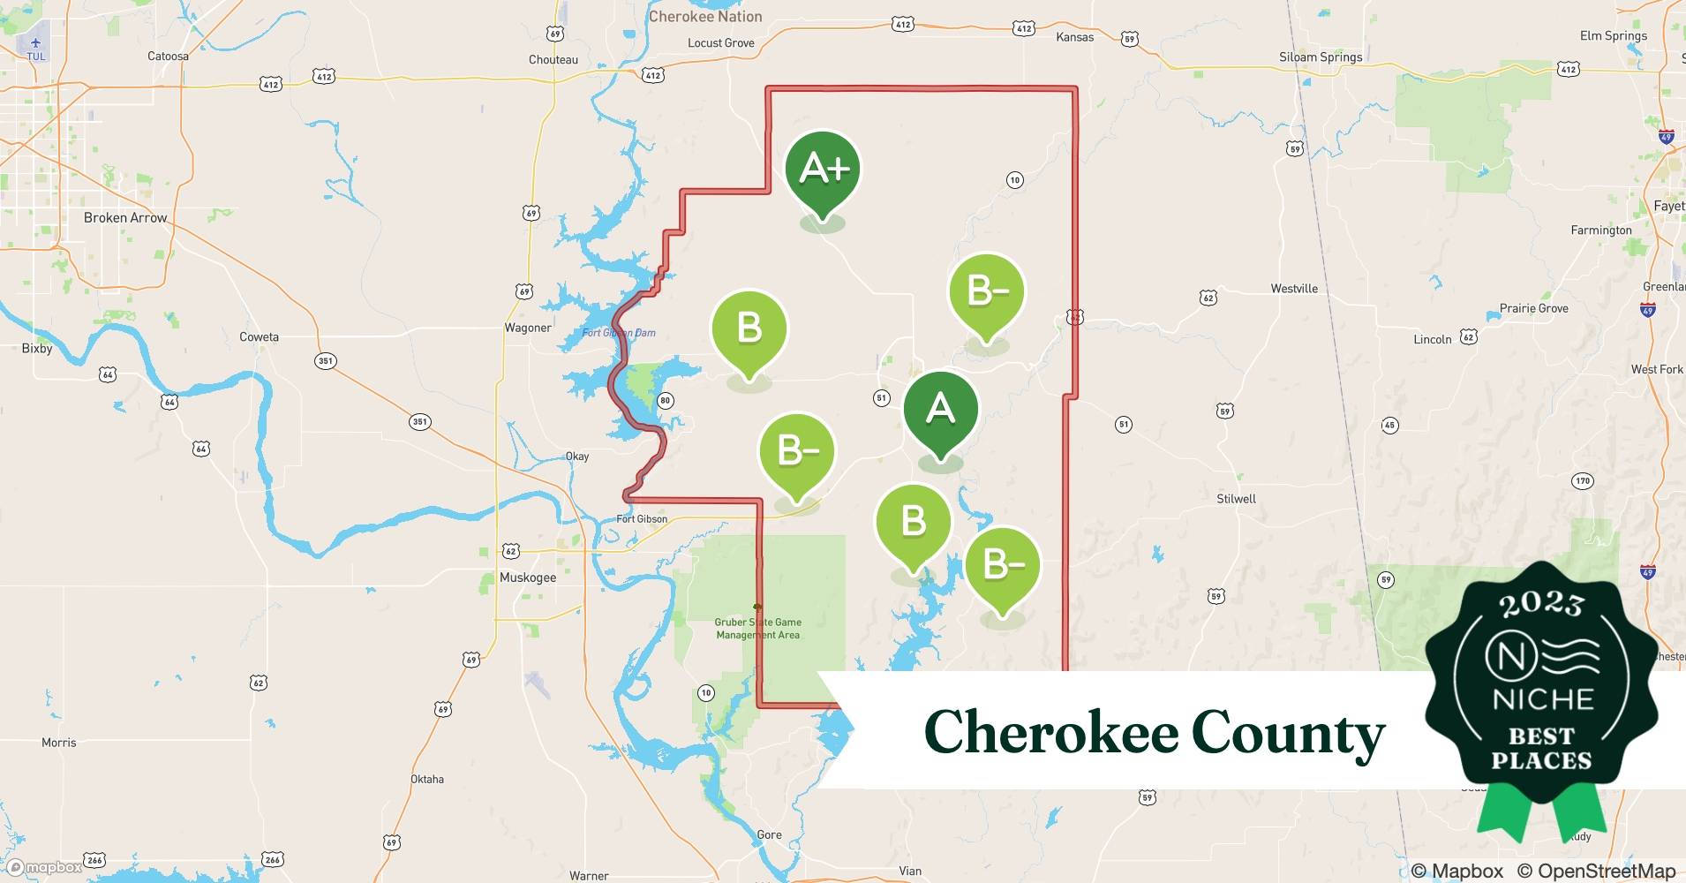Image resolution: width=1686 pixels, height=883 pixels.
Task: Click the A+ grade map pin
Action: (823, 170)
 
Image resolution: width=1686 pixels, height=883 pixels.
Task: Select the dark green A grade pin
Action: (940, 411)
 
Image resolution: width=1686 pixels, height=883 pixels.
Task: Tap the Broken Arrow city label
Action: (125, 218)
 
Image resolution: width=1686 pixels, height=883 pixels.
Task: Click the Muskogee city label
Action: (528, 577)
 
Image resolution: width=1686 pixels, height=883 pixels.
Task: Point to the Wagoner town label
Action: (528, 328)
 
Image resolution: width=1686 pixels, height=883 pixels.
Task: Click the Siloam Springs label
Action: (1321, 57)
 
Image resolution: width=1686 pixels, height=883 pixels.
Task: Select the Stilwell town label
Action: (1236, 499)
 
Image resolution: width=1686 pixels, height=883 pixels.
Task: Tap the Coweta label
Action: (259, 336)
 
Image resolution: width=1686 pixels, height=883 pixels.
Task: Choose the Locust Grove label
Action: (721, 42)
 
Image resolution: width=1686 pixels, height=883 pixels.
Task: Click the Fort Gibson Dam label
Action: (619, 333)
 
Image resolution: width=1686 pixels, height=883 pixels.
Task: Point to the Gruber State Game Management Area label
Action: (758, 628)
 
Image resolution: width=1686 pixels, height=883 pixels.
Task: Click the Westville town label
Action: (1294, 289)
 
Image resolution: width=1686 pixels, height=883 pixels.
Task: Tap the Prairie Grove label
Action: (1534, 308)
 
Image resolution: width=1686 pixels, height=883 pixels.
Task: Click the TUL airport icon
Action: (35, 43)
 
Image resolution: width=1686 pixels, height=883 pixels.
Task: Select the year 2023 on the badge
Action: (1541, 603)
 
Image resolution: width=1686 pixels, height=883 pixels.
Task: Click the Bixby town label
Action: (37, 349)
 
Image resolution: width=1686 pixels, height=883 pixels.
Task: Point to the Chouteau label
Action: (553, 59)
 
